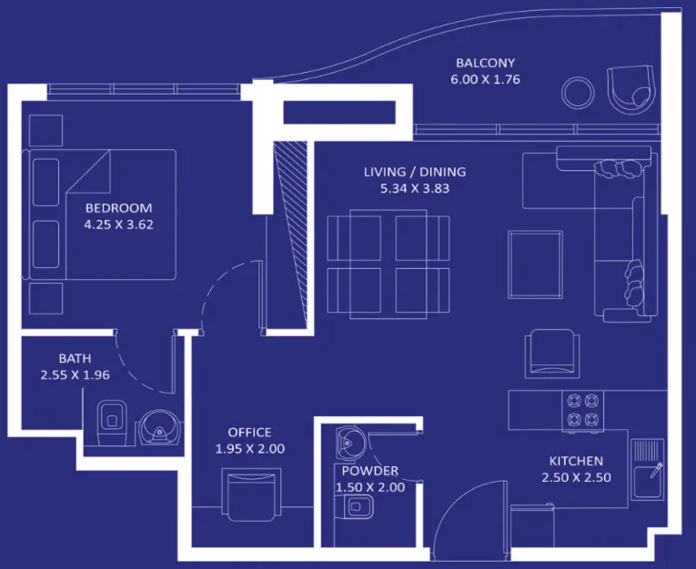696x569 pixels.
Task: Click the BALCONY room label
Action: [485, 64]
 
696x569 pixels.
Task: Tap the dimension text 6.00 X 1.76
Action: [485, 80]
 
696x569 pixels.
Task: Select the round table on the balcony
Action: [578, 91]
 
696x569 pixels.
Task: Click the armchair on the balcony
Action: [629, 89]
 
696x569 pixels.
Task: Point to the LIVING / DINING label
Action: [414, 172]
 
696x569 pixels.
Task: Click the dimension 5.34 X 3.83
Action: [414, 189]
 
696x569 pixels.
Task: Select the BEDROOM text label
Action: [118, 207]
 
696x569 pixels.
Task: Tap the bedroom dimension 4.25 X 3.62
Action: [118, 224]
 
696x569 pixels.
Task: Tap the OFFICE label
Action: [248, 433]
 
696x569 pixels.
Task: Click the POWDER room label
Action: [369, 471]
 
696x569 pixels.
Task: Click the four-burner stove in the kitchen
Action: [582, 409]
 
